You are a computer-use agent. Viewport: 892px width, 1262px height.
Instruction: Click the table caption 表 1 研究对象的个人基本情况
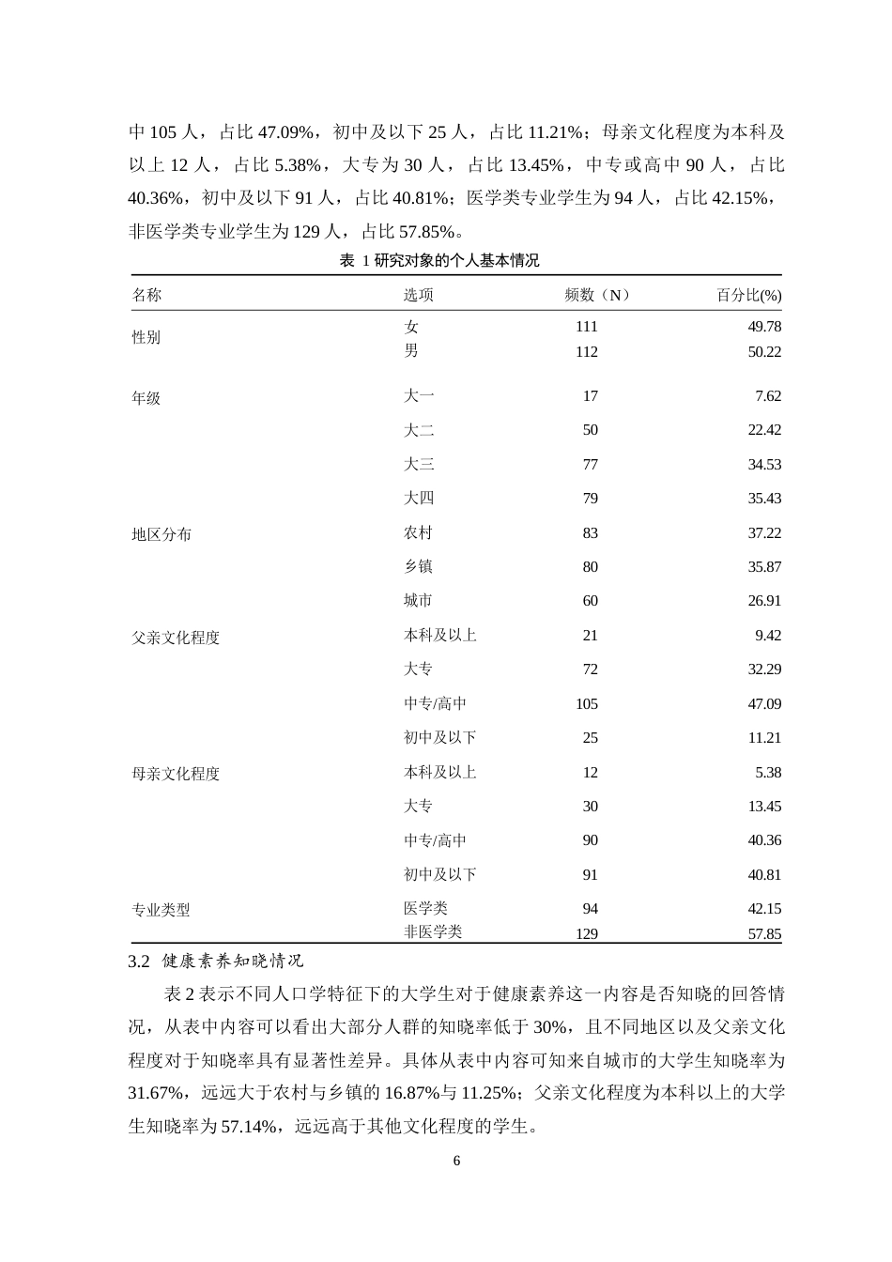click(439, 261)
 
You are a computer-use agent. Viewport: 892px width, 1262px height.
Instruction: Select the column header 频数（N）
click(597, 295)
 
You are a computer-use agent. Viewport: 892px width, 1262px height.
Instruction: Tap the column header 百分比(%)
click(748, 295)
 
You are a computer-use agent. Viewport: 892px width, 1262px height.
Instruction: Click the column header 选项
click(419, 295)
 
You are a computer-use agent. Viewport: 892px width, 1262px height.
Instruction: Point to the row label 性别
click(146, 338)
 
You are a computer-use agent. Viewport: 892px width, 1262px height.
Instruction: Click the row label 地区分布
click(161, 534)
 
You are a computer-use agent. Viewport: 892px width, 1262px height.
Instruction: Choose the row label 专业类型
click(161, 910)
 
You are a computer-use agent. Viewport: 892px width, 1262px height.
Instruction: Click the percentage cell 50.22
click(765, 351)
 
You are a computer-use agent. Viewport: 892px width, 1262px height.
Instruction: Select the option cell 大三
click(419, 465)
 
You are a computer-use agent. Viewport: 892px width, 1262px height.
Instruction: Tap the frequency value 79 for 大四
click(590, 499)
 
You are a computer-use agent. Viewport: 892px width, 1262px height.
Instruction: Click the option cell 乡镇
click(419, 567)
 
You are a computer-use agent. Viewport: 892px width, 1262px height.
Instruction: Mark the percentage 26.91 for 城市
click(764, 601)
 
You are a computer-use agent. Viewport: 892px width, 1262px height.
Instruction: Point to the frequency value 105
click(586, 704)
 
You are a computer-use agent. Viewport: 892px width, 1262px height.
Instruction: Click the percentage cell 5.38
click(768, 773)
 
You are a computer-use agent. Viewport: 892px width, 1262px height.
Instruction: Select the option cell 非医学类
click(433, 931)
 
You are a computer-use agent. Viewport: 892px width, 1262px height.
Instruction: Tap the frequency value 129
click(586, 933)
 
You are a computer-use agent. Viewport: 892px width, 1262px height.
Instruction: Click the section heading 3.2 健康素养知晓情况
click(216, 962)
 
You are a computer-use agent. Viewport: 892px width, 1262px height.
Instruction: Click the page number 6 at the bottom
click(457, 1161)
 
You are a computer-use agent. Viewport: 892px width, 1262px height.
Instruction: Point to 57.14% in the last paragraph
click(248, 1125)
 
